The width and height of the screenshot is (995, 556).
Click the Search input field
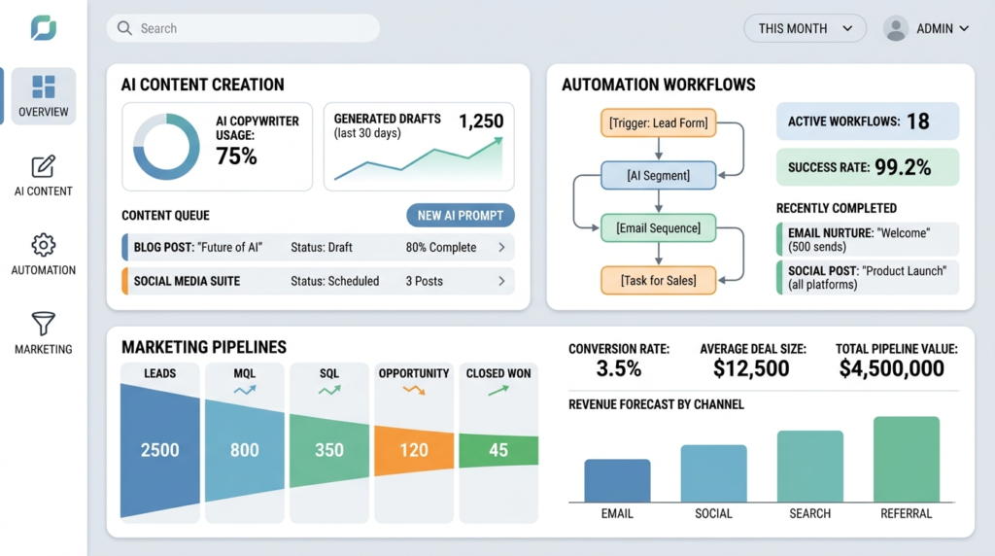coord(243,28)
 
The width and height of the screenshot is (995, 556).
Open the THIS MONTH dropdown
coord(805,28)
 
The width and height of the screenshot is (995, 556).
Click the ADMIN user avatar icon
coord(895,28)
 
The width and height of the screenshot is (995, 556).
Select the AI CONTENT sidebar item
coord(43,176)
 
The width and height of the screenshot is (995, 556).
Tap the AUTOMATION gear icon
coord(43,244)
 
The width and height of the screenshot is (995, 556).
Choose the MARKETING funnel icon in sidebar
coord(43,324)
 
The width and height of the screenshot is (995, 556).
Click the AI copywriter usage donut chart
coord(166,147)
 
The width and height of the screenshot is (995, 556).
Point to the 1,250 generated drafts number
coord(481,122)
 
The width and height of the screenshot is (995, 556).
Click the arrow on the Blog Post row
coord(501,248)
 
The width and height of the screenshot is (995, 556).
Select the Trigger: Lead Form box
coord(658,123)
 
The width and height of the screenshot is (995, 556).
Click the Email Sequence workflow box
coord(658,228)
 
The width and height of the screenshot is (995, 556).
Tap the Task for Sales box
coord(658,281)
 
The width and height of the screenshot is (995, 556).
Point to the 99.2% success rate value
coord(903,167)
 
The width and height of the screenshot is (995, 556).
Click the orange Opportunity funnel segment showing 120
coord(414,450)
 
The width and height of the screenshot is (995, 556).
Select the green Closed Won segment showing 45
coord(497,450)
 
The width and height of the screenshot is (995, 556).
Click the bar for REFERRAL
coord(906,459)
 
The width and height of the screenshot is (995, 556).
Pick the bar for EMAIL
coord(617,480)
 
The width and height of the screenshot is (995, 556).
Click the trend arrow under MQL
coord(245,390)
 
